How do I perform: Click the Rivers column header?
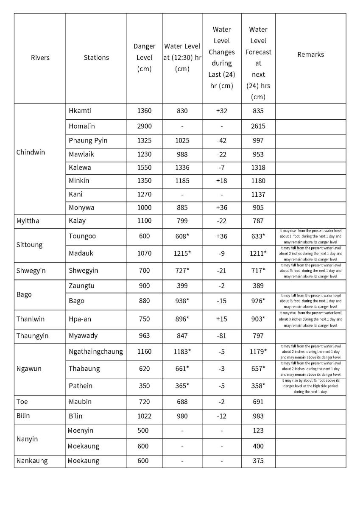point(40,58)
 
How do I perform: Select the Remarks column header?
point(310,54)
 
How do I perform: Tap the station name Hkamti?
point(80,111)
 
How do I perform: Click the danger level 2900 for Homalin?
point(144,126)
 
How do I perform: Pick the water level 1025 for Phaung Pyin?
point(182,140)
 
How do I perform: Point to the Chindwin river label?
point(31,152)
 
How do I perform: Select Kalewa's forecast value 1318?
point(258,168)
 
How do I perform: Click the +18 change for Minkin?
point(221,181)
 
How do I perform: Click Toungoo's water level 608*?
point(182,236)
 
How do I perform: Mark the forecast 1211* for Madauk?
point(259,253)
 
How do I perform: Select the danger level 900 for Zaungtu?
point(144,286)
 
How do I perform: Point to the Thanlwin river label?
point(31,319)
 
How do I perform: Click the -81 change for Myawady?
point(221,336)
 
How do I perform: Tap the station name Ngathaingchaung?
point(96,352)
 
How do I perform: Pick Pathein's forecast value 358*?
point(259,386)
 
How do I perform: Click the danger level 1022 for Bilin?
point(144,416)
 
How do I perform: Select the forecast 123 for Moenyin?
point(258,431)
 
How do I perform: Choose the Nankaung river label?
point(32,461)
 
